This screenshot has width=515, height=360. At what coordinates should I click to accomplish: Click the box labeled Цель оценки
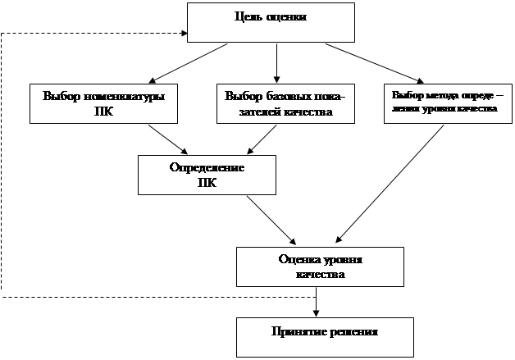click(271, 22)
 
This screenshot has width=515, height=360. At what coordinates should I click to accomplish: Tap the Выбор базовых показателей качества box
click(285, 103)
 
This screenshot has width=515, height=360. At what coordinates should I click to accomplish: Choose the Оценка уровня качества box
click(320, 267)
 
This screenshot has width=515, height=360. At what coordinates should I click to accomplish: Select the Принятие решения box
click(320, 332)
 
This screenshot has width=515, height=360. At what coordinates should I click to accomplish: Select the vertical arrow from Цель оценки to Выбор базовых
click(276, 62)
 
